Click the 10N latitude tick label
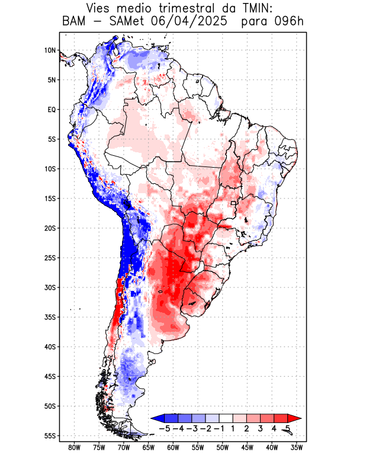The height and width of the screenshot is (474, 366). tap(50, 50)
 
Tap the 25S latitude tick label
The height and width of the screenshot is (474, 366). tap(50, 258)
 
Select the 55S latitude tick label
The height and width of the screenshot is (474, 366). tap(50, 436)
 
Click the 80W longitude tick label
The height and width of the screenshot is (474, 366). tap(74, 449)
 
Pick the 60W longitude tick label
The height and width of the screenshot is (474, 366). tap(173, 449)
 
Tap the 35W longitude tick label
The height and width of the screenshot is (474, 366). tap(297, 449)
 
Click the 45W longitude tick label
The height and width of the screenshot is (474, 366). tap(247, 449)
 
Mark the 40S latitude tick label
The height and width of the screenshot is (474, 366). tap(50, 347)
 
